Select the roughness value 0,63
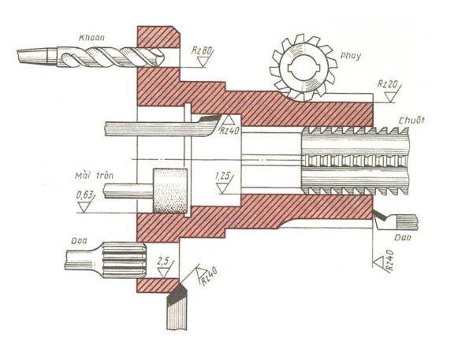tap(86, 195)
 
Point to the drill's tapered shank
tap(34, 56)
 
